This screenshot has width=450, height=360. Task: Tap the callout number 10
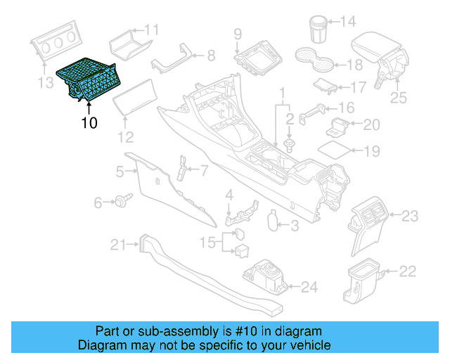89,123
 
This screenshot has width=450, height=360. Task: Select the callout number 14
348,22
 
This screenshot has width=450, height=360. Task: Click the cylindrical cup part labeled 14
318,29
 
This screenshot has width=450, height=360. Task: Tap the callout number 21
117,245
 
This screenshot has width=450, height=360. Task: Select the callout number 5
120,171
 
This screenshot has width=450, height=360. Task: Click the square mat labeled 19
334,150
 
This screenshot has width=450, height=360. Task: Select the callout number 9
238,33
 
